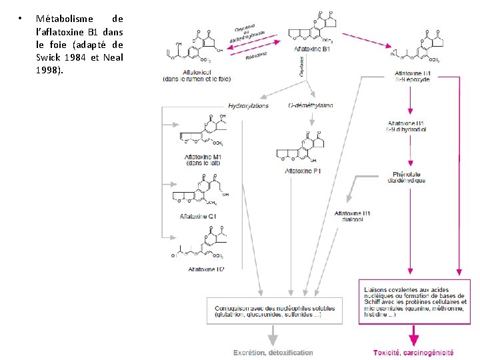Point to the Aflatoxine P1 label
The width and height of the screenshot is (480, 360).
(x=303, y=171)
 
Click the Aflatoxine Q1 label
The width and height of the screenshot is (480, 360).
(x=198, y=216)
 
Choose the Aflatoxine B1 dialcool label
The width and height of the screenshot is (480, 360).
(x=357, y=215)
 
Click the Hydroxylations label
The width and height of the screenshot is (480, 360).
(x=248, y=105)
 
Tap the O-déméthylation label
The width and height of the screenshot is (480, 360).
(x=311, y=105)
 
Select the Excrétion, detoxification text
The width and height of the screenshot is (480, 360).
(x=273, y=352)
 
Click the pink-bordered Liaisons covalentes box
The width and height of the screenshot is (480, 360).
(x=414, y=301)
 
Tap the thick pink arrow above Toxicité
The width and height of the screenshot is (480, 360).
(x=414, y=333)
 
